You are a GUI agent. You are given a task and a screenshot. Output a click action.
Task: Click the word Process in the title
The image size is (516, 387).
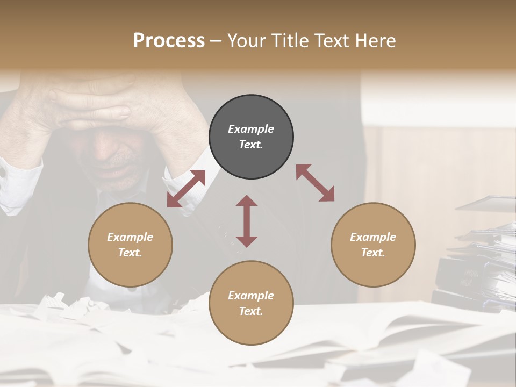[169, 41]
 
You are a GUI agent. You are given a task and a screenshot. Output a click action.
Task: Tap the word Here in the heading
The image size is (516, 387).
[376, 41]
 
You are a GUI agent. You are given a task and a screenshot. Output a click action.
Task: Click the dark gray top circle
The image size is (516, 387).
[251, 137]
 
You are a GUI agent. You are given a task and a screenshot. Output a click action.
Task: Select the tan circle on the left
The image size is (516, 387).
[130, 245]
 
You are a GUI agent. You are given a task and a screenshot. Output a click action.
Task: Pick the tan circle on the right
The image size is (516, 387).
[373, 245]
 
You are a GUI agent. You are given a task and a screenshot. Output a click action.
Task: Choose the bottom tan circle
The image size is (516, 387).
[251, 303]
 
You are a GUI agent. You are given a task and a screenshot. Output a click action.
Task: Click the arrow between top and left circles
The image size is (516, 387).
[186, 189]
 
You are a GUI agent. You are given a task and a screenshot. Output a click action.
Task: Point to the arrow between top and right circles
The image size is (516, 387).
[315, 183]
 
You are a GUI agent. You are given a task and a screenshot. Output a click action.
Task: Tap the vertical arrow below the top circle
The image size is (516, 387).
[247, 221]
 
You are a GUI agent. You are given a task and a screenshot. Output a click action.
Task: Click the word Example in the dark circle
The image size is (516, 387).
[251, 129]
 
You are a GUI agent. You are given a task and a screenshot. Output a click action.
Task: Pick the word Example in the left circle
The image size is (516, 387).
[130, 237]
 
